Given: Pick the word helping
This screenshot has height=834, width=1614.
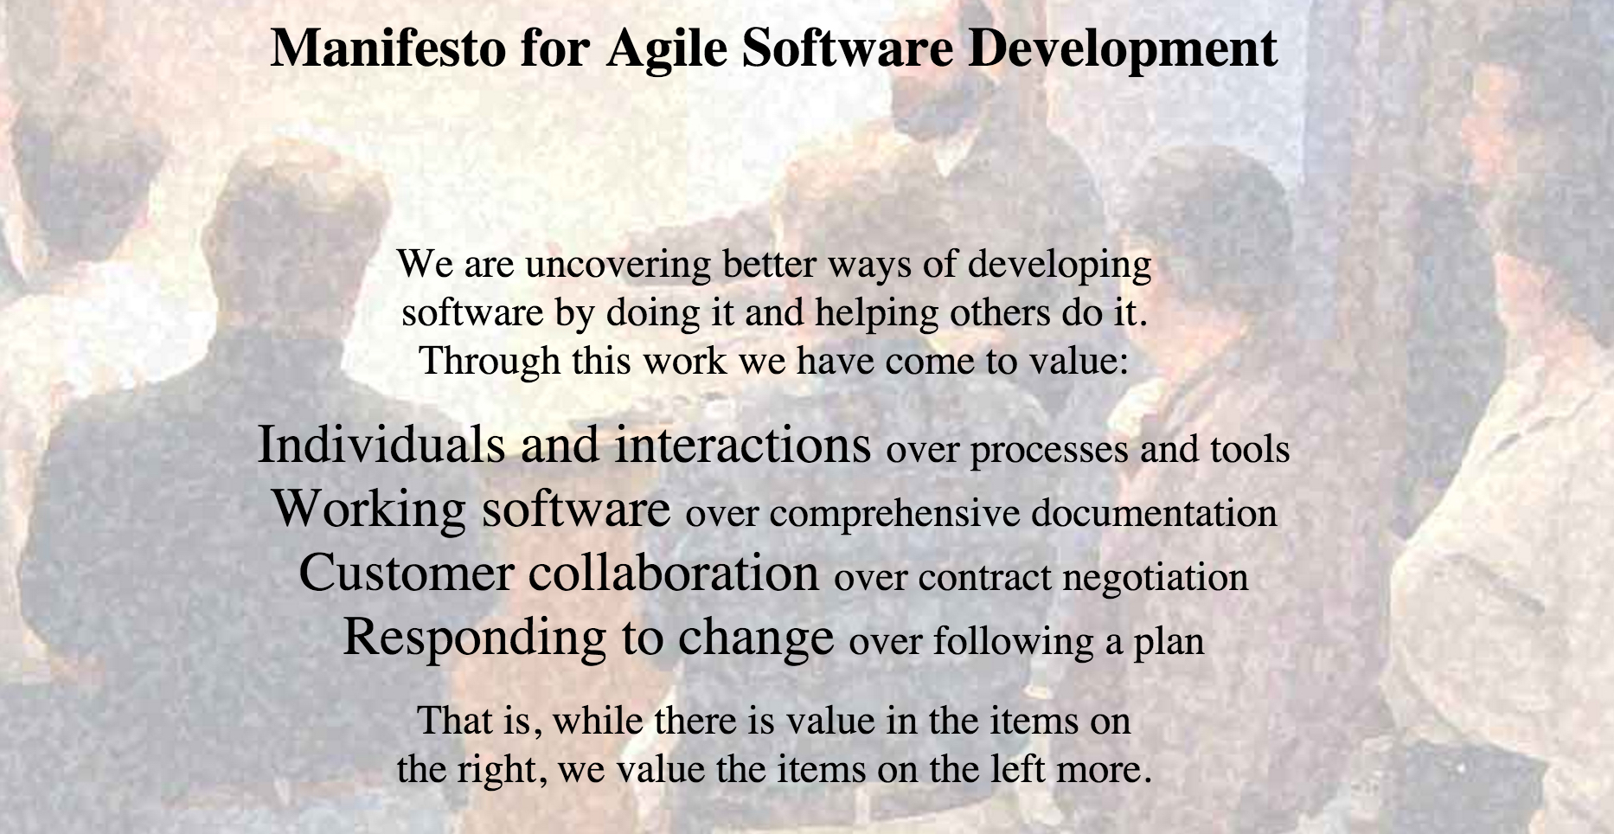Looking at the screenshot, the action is pos(876,313).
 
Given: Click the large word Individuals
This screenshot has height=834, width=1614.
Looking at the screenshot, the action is pos(381,445).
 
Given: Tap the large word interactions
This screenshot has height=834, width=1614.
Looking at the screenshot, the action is pos(743,445).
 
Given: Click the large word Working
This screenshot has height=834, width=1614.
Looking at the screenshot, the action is pos(369,509).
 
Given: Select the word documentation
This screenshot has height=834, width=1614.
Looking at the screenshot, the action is pos(1154,514).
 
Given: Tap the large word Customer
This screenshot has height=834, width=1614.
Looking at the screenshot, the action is pos(406,573).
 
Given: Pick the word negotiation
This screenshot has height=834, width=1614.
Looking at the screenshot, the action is pos(1155,578).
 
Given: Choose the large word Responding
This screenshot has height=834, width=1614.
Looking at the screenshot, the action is pos(476,638).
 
